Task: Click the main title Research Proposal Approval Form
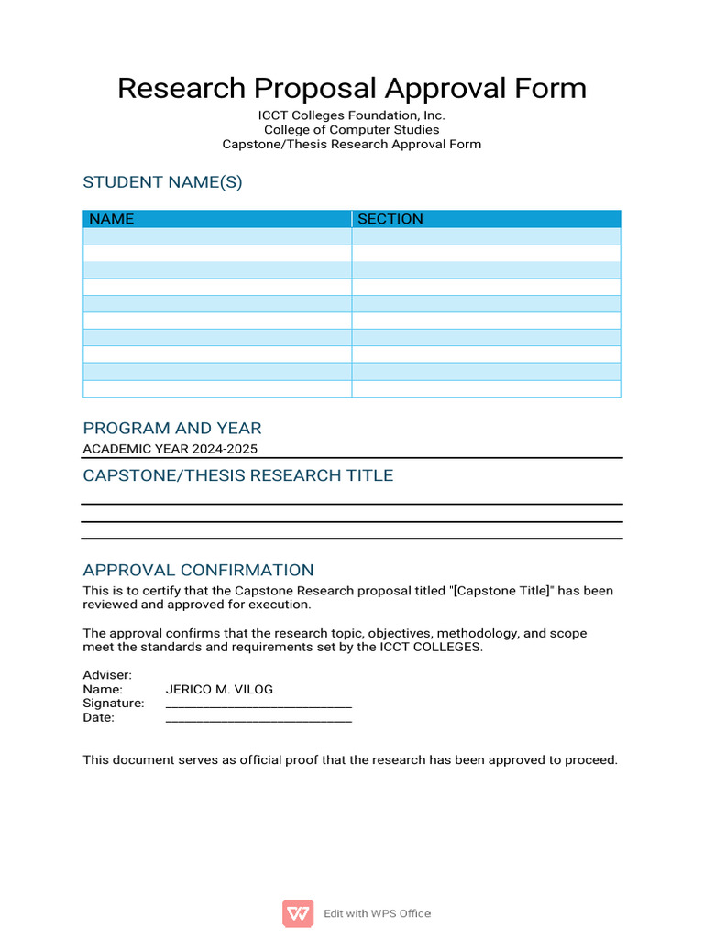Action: pyautogui.click(x=351, y=89)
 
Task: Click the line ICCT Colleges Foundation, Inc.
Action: pyautogui.click(x=351, y=115)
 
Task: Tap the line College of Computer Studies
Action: pyautogui.click(x=351, y=130)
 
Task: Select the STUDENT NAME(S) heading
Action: pyautogui.click(x=162, y=182)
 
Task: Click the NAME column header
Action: pyautogui.click(x=112, y=219)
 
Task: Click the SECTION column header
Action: pyautogui.click(x=390, y=219)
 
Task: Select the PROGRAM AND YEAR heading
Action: pyautogui.click(x=171, y=428)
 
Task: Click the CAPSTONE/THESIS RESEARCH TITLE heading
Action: pyautogui.click(x=237, y=475)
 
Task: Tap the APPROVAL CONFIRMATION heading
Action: pyautogui.click(x=198, y=570)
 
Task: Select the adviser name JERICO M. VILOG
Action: pyautogui.click(x=219, y=689)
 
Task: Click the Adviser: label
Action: pyautogui.click(x=107, y=675)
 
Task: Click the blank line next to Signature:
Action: pyautogui.click(x=258, y=704)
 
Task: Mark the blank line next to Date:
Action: pyautogui.click(x=258, y=719)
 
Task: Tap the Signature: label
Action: pyautogui.click(x=114, y=703)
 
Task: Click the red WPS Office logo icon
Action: pyautogui.click(x=297, y=913)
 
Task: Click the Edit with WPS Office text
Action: pyautogui.click(x=377, y=913)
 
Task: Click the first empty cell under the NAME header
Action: pyautogui.click(x=217, y=236)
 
